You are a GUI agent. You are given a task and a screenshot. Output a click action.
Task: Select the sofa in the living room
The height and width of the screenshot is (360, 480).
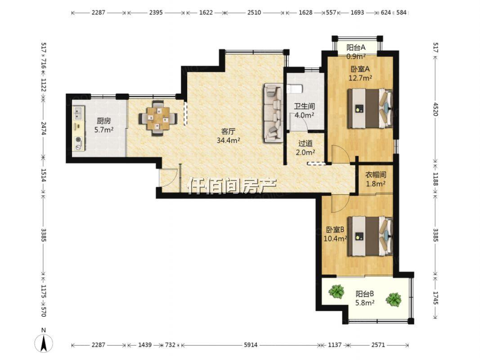(274, 113)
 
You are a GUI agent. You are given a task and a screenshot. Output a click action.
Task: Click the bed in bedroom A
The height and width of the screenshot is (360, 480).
(370, 108)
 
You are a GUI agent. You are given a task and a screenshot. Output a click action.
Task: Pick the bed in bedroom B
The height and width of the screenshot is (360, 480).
(370, 236)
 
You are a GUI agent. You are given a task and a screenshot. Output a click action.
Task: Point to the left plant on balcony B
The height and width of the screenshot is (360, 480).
(336, 291)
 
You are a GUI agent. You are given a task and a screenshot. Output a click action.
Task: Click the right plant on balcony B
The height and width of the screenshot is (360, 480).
(393, 299)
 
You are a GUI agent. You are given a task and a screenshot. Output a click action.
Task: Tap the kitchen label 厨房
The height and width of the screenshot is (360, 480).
(104, 121)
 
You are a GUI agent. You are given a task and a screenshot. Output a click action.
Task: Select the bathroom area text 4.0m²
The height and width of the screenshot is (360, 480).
(304, 115)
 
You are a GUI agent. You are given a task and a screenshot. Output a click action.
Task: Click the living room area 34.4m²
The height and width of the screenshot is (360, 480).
(228, 140)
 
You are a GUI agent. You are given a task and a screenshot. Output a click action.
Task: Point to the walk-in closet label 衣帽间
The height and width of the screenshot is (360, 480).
(376, 175)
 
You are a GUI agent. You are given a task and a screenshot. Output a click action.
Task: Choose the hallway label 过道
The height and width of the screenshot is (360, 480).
(305, 143)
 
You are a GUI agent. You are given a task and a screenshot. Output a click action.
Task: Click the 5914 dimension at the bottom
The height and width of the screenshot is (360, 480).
(251, 345)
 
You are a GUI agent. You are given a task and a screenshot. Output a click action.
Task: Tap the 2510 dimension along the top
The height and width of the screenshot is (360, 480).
(254, 13)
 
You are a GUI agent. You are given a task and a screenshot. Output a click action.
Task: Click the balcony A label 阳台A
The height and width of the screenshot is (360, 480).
(356, 47)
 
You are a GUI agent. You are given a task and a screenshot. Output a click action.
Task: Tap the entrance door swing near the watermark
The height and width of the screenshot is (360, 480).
(168, 177)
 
